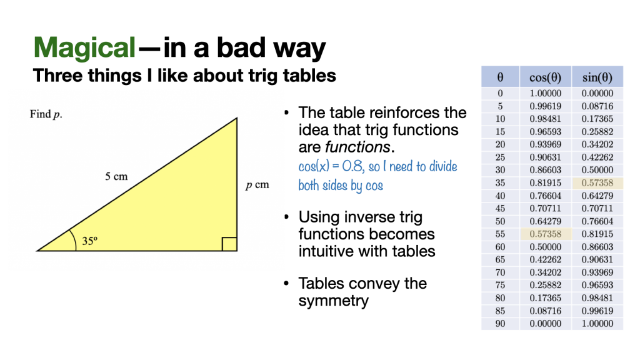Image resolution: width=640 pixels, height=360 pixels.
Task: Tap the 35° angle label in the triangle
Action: tap(90, 241)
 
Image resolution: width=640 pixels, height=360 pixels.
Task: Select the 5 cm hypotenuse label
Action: tap(116, 176)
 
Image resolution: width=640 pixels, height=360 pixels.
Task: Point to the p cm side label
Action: tap(257, 185)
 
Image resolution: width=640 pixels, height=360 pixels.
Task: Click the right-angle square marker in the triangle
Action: tap(229, 244)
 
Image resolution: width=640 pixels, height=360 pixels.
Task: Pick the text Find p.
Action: tap(46, 114)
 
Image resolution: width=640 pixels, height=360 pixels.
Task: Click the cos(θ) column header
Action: tap(545, 77)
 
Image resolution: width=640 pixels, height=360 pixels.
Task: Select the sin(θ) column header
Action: tap(597, 77)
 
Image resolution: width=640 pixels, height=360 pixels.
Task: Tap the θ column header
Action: tap(500, 77)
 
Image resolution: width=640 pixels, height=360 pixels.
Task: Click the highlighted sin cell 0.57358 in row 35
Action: tap(597, 183)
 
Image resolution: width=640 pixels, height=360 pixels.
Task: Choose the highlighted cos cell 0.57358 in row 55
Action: tap(545, 234)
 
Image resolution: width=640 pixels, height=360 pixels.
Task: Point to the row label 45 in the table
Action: tap(500, 209)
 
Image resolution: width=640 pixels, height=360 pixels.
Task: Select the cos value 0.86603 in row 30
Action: tap(545, 170)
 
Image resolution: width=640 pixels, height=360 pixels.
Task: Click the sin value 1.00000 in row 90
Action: tap(597, 324)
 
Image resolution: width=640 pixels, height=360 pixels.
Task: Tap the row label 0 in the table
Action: tap(500, 93)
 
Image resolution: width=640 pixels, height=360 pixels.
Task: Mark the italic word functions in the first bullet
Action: tap(357, 147)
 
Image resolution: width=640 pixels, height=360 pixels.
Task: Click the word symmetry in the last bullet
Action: tap(334, 301)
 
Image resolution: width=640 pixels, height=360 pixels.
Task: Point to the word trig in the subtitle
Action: tap(263, 76)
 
